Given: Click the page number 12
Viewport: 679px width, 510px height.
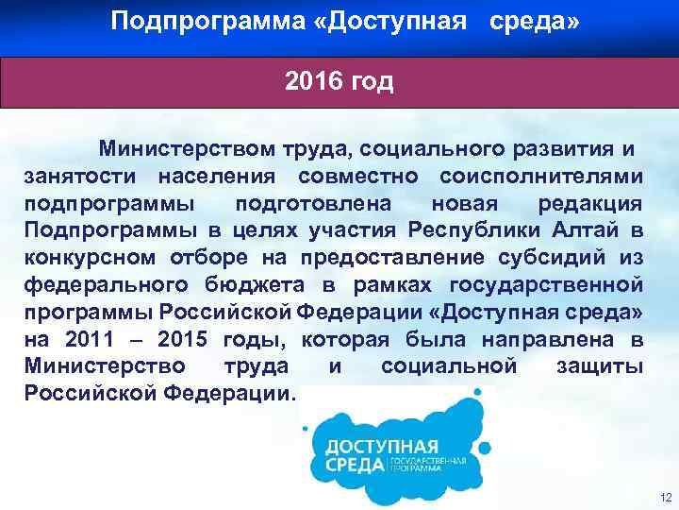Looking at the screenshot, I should point(666,498).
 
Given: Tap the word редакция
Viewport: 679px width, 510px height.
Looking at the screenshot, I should point(591,203).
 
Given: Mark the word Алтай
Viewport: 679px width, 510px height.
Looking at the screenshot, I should point(589,230).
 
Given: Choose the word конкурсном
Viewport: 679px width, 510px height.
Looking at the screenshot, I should point(91,258).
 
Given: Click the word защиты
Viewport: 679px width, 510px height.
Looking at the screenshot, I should point(600,365).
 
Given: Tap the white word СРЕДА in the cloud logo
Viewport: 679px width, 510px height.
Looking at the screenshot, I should point(355,465).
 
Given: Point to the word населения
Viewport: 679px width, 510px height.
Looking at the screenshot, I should point(216,176).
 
